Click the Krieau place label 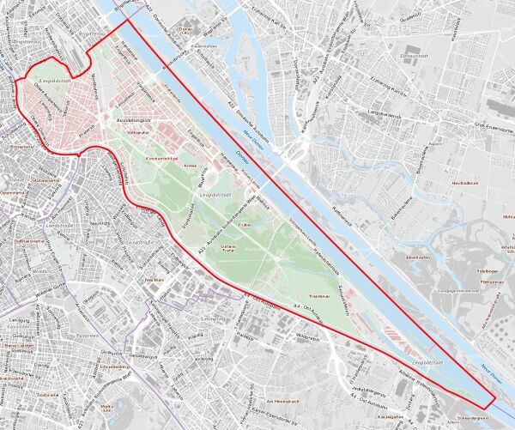(x=191, y=166)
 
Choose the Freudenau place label (x=319, y=294)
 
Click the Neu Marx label (x=154, y=280)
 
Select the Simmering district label (x=212, y=318)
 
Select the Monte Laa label (x=107, y=407)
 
